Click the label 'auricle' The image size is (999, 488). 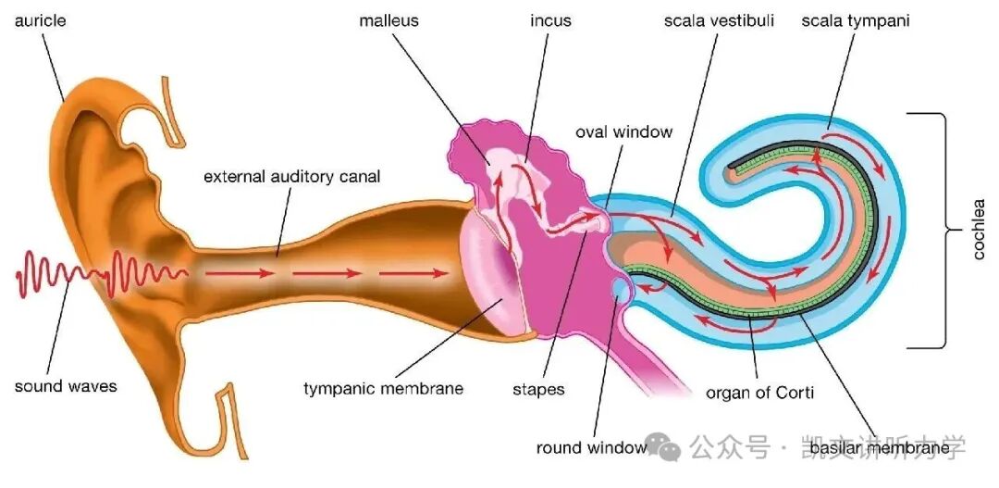[40, 19]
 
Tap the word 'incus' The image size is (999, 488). [550, 19]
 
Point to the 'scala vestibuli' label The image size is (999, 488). [719, 19]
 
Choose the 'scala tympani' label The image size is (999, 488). [855, 19]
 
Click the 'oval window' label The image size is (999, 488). [623, 131]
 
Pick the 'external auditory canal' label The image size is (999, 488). [291, 175]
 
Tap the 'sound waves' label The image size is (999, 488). [66, 386]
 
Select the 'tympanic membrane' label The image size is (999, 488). [383, 389]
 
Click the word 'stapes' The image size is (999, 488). [538, 389]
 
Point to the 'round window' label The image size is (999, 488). [591, 448]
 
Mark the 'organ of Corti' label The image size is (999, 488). [759, 392]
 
